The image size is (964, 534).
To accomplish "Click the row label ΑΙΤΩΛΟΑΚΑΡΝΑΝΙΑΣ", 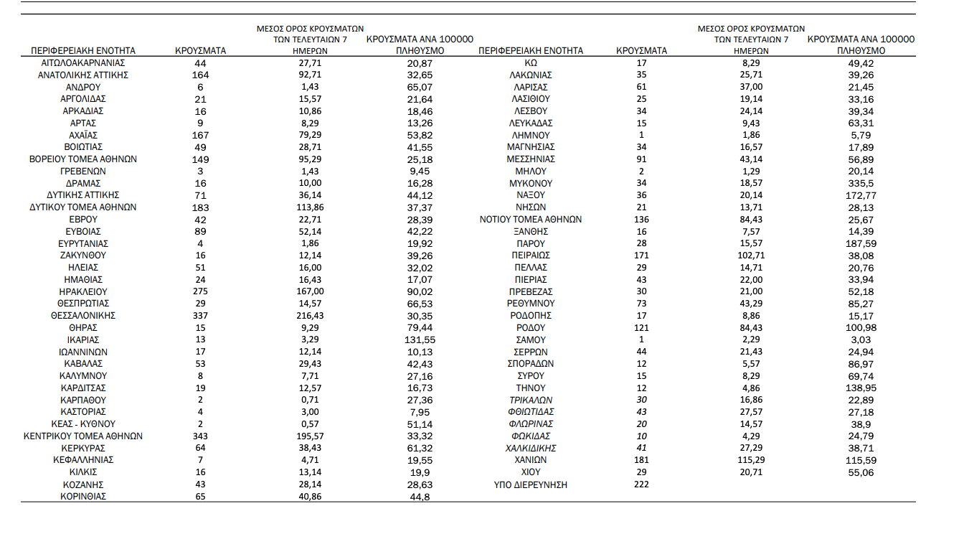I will coord(83,63).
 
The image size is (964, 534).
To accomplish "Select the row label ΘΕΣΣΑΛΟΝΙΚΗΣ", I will coord(83,316).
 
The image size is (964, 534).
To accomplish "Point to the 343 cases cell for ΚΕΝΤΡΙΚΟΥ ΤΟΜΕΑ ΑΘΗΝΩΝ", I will coord(200,436).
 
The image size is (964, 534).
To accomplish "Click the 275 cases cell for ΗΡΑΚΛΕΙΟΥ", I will coord(200,291).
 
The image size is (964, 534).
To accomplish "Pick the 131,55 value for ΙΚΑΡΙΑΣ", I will coord(420,339).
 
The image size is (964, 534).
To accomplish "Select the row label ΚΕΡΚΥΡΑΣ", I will coord(83,448).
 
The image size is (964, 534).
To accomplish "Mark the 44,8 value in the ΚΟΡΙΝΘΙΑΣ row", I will coord(420,497).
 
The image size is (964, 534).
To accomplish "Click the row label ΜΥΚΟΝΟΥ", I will coord(530,184).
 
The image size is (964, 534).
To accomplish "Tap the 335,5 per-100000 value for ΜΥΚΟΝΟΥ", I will coord(861,184).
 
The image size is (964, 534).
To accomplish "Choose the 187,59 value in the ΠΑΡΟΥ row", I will coord(861,244).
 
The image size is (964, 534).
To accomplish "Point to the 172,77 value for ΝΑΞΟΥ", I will coord(861,195).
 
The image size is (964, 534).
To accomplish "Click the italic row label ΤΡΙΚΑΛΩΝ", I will coord(530,400).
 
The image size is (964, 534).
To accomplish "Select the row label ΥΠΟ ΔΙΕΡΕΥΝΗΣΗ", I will coord(530,484).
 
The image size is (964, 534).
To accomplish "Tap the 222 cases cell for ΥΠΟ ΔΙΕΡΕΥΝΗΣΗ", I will coord(641,484).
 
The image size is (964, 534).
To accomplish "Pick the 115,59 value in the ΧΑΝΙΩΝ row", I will coord(861,460).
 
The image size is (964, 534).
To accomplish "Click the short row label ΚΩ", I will coord(530,63).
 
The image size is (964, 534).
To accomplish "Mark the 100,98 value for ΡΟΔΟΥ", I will coord(861,328).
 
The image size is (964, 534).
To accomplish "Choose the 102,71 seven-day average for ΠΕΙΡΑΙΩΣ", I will coord(751,256).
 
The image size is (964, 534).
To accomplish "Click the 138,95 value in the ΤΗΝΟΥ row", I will coord(861,388).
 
